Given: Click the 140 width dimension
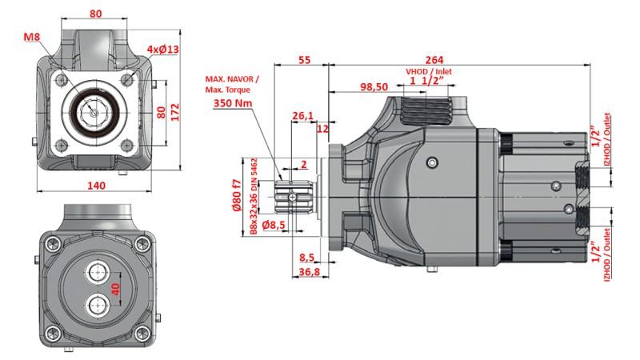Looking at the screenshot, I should click(x=96, y=186).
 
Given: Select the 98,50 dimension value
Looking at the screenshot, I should click(x=374, y=86).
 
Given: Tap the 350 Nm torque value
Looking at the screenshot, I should click(x=232, y=103).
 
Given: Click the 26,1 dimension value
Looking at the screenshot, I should click(x=303, y=117).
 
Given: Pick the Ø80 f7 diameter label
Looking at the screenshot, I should click(x=238, y=195).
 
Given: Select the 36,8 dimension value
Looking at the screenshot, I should click(x=308, y=272).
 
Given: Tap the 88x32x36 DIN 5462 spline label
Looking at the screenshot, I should click(x=254, y=195).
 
